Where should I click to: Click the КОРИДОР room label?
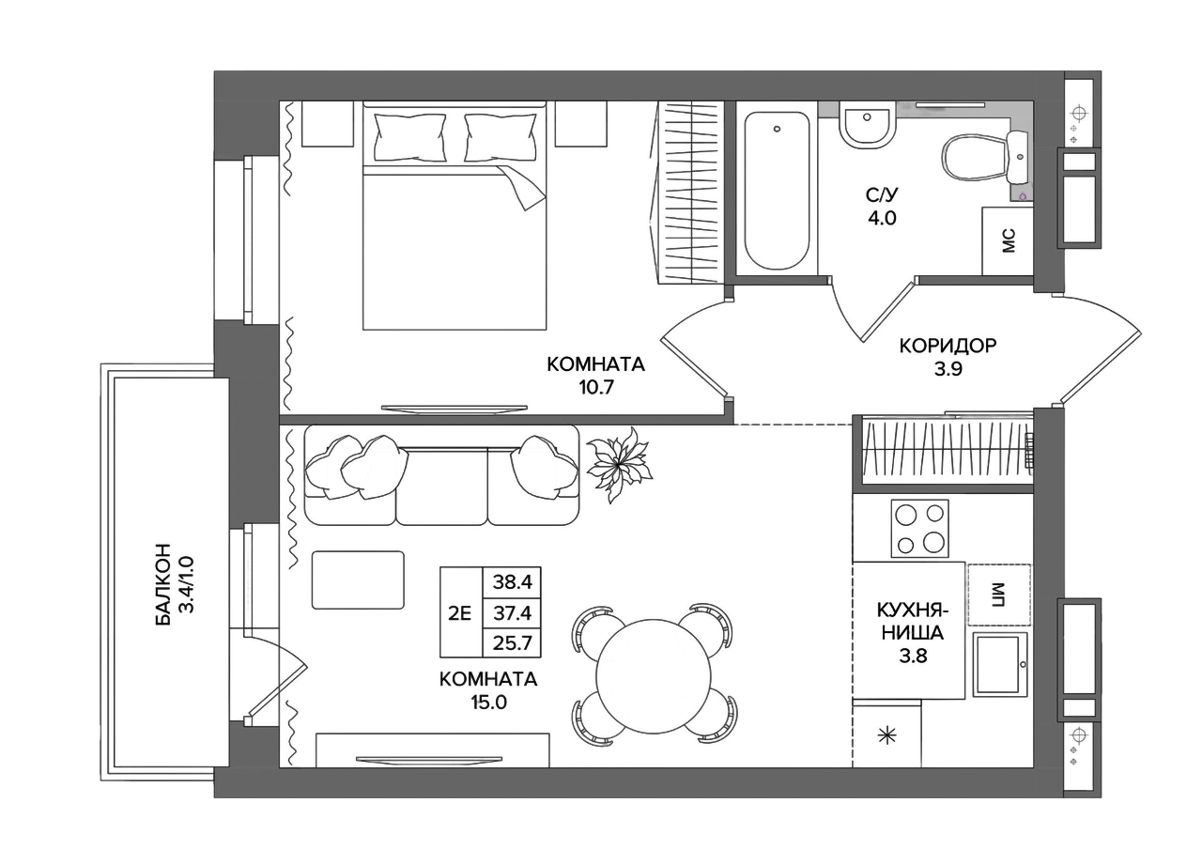coord(948,346)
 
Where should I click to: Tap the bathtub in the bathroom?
coord(777,191)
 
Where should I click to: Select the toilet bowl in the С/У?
coord(975,159)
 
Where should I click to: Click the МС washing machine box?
coord(1008,241)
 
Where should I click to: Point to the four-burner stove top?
coord(919,529)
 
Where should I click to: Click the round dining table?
coord(654,674)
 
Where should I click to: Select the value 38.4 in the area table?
coord(512,582)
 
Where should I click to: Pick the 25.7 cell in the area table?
coord(512,642)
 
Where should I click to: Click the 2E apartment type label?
coord(460,612)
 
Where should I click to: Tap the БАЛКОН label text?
coord(163,585)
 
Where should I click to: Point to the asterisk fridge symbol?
coord(886,737)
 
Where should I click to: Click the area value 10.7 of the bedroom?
coord(595,387)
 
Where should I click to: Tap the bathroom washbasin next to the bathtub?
coord(867,127)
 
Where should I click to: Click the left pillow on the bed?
coord(410,137)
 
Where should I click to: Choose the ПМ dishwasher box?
coord(999,595)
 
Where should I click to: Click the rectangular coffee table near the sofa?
coord(358,580)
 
